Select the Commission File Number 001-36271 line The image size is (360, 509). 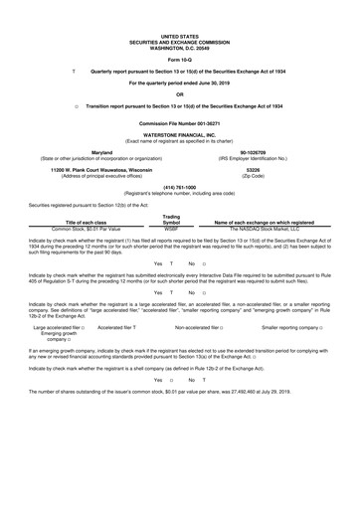tap(180, 123)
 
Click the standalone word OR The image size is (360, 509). tap(180, 93)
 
